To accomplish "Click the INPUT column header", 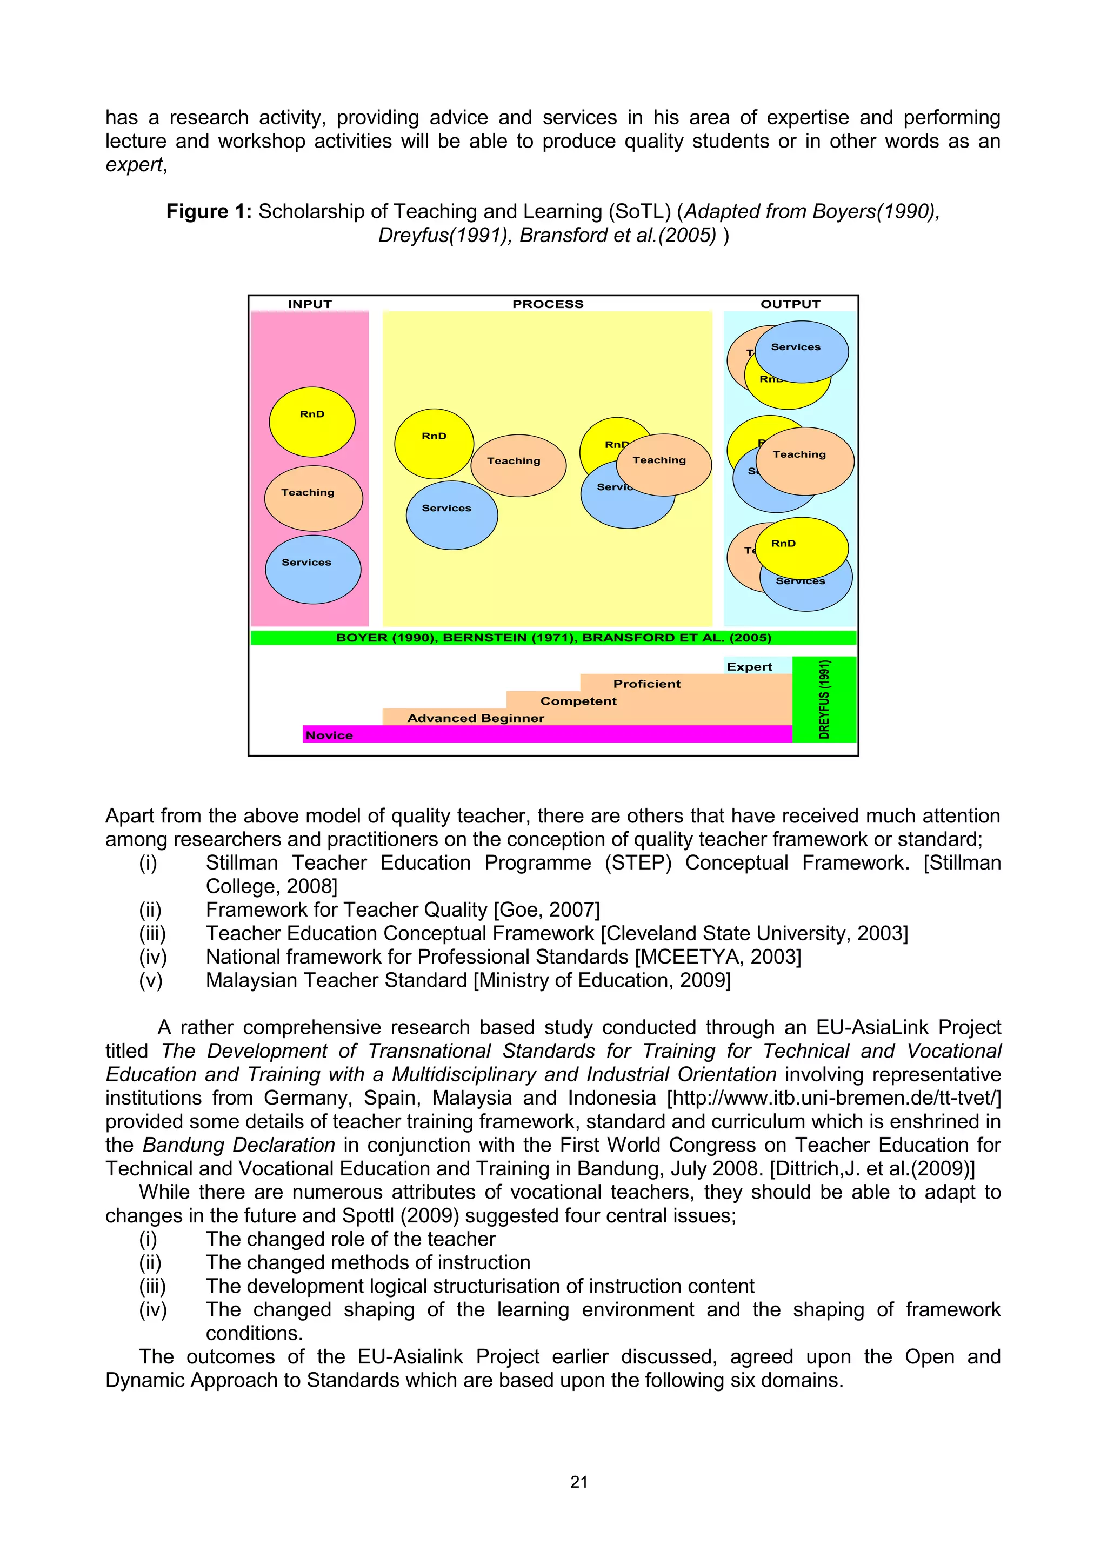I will (x=310, y=304).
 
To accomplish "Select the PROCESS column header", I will (x=548, y=304).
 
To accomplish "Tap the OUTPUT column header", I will (x=790, y=304).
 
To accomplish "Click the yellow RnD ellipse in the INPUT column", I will (x=312, y=422).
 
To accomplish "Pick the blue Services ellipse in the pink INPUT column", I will (x=313, y=570).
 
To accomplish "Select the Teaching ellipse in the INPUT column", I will (x=314, y=498).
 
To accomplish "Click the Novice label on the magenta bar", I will (x=329, y=735).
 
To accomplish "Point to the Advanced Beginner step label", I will (x=475, y=718).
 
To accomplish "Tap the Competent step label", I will (x=578, y=701).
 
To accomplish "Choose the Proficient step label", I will (x=646, y=684).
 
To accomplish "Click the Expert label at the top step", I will (x=749, y=667).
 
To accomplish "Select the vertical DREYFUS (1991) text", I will (x=824, y=699).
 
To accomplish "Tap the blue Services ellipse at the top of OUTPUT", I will (x=802, y=352).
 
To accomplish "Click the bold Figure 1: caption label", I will (x=209, y=212).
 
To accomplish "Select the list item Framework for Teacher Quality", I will (x=402, y=910).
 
